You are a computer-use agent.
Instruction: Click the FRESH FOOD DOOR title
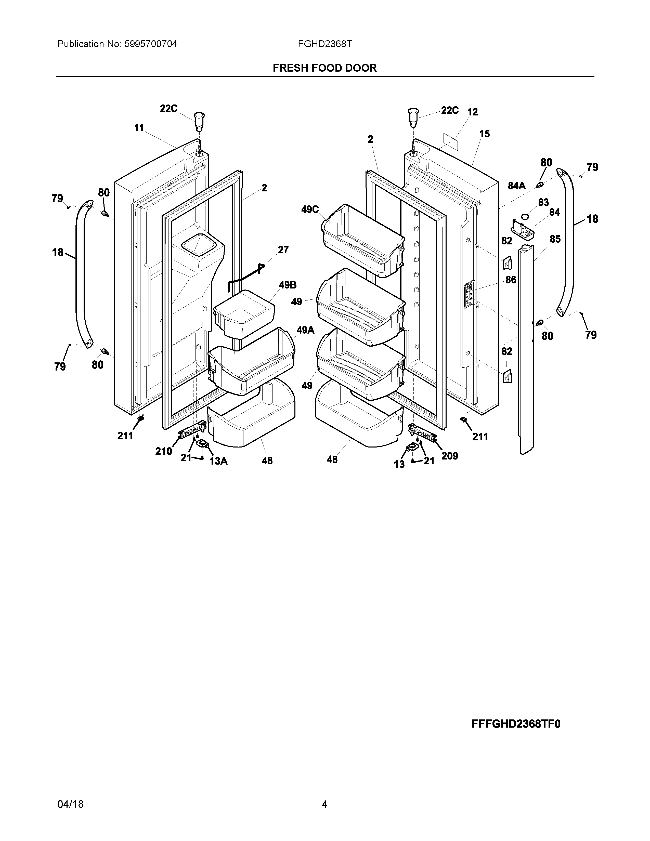tap(324, 68)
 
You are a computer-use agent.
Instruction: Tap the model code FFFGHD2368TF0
tap(516, 724)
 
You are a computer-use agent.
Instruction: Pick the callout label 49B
tap(288, 285)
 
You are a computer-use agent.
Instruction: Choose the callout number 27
tap(283, 250)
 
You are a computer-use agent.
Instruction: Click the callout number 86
tap(511, 280)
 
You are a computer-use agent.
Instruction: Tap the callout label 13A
tap(218, 461)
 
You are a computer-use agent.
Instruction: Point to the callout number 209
tap(450, 456)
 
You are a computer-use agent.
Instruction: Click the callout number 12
tap(473, 112)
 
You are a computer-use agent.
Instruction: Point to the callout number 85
tap(555, 239)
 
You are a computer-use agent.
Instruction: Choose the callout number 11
tap(139, 128)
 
